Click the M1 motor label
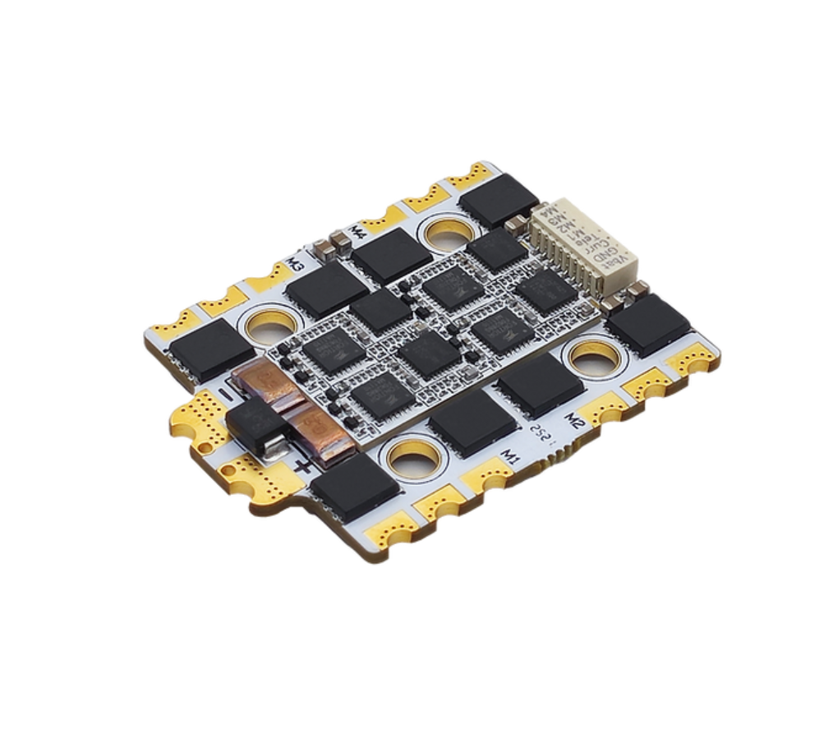(x=512, y=455)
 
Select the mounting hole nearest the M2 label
(x=591, y=357)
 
